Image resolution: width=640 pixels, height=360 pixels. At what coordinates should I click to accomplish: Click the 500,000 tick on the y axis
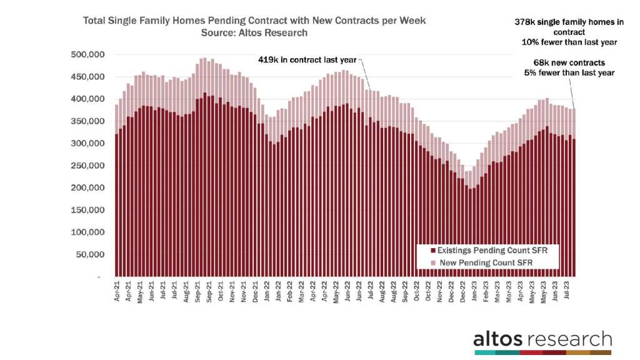pos(86,55)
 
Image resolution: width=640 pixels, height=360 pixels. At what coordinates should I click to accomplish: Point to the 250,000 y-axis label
pos(86,166)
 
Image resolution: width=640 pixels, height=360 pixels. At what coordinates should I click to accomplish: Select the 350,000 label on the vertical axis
pos(86,121)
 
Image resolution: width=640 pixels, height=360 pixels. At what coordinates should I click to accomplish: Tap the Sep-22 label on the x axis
pos(406,293)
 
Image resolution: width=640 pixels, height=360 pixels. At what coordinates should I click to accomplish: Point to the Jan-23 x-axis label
pos(474,293)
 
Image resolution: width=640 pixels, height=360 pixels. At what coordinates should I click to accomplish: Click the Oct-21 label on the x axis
pos(221,293)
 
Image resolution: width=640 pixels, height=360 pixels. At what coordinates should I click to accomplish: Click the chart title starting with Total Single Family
pos(254,21)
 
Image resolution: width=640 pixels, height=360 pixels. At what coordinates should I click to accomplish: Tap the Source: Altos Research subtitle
pos(254,32)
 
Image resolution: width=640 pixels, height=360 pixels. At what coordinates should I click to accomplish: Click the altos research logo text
pos(542,339)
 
